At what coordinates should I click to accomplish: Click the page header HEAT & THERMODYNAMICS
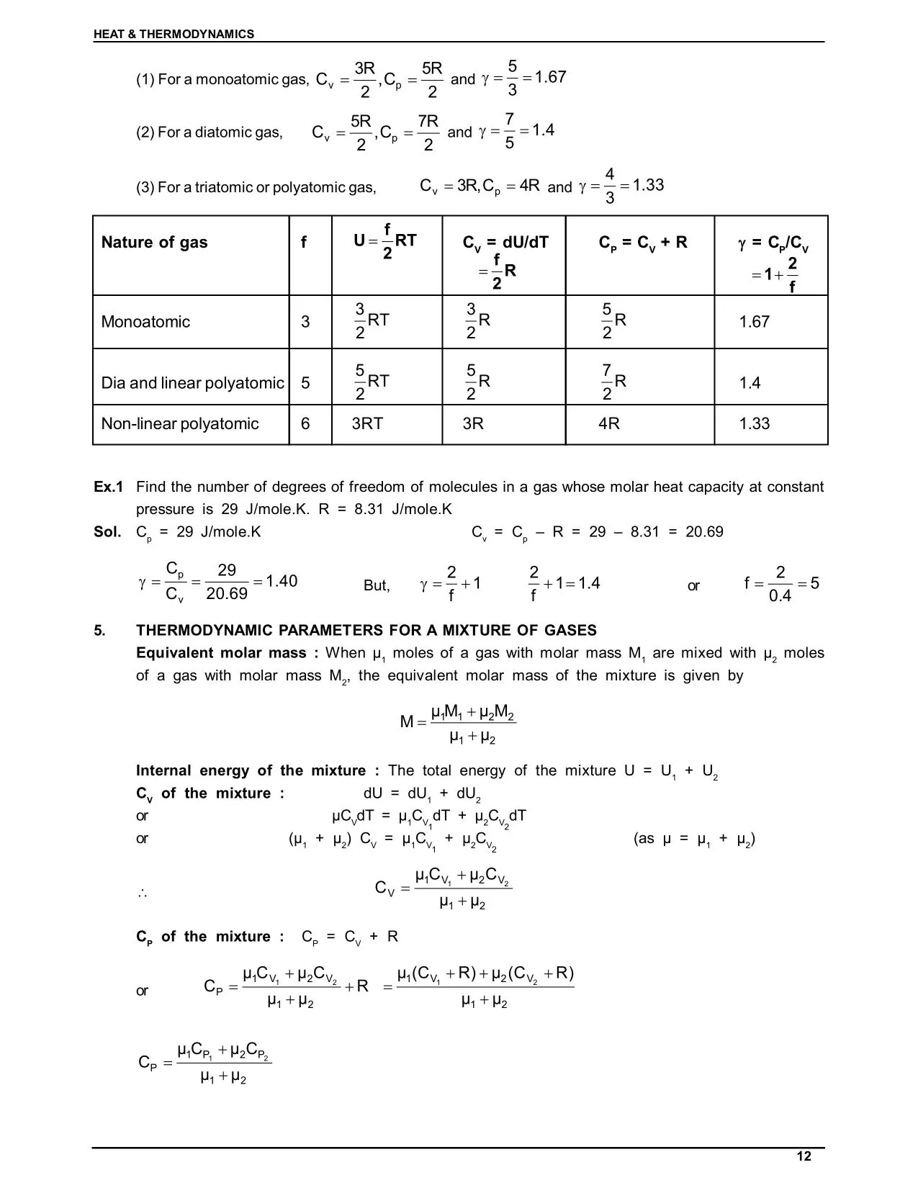[174, 34]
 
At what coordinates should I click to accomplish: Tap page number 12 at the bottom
[804, 1156]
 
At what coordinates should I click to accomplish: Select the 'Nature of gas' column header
[154, 243]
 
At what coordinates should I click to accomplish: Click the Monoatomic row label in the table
[145, 322]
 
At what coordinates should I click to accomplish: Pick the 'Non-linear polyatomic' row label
[180, 424]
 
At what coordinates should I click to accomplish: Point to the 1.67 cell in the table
[754, 322]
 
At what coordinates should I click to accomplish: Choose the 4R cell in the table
[608, 424]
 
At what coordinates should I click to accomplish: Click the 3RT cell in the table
[367, 424]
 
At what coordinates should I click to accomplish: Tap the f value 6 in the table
[305, 424]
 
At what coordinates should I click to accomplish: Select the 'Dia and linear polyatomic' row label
[192, 383]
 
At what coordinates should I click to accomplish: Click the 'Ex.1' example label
[108, 487]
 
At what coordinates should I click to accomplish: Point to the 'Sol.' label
[107, 532]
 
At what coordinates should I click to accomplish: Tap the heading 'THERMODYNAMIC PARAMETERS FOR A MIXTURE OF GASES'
[366, 631]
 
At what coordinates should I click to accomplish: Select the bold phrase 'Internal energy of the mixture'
[251, 771]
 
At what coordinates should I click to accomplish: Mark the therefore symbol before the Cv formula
[142, 894]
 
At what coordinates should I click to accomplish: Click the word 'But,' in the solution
[377, 586]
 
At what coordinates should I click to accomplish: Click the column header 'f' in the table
[303, 243]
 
